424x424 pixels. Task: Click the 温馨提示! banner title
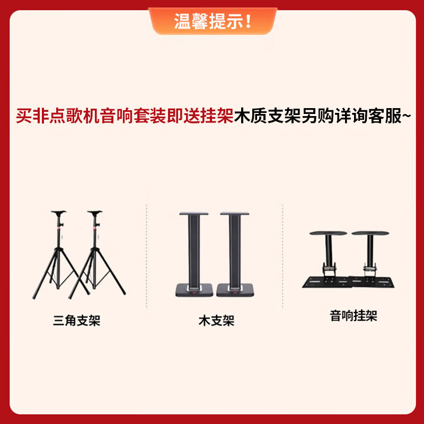click(x=213, y=22)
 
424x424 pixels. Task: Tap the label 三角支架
click(x=76, y=320)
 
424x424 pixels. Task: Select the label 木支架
click(x=216, y=321)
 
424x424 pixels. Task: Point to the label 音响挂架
click(x=354, y=316)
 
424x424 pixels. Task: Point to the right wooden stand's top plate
click(x=234, y=214)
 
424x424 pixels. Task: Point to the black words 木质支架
click(x=264, y=116)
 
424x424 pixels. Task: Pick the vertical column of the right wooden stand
click(x=234, y=249)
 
